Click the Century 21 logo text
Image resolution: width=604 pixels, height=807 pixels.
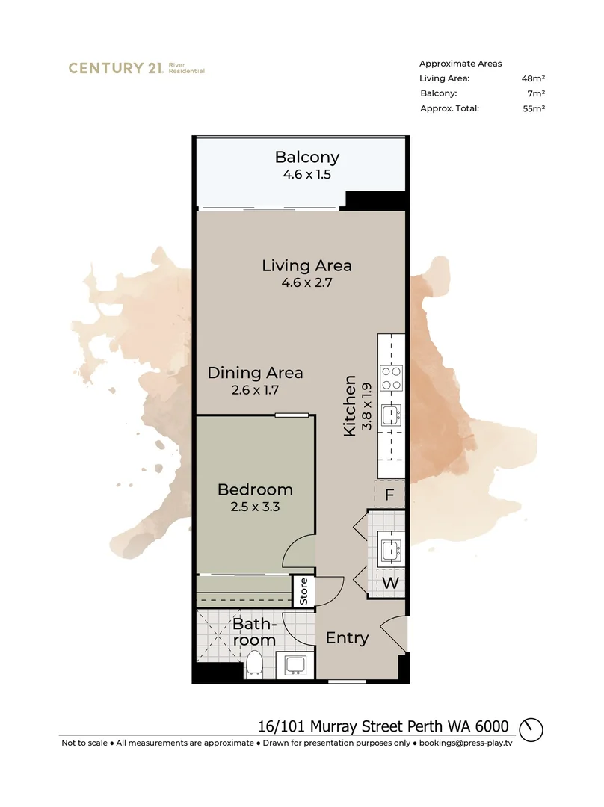point(115,68)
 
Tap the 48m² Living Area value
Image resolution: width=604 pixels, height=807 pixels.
point(533,78)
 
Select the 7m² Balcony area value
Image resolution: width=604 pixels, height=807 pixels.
point(535,93)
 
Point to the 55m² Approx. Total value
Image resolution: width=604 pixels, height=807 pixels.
point(533,108)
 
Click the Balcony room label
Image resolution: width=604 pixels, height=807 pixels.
point(306,158)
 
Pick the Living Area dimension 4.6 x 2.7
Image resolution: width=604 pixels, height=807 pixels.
point(306,283)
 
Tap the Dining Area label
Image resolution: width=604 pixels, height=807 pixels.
point(255,372)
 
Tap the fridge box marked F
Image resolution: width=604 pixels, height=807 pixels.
point(389,494)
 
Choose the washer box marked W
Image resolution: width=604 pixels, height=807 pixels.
point(389,582)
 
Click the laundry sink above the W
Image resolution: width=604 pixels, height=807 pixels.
point(390,550)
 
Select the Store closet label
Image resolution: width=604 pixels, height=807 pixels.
point(303,591)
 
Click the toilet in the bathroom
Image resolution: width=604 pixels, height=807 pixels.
point(255,663)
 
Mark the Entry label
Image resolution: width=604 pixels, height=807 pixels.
point(348,638)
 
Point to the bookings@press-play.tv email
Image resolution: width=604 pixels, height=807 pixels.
point(466,743)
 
